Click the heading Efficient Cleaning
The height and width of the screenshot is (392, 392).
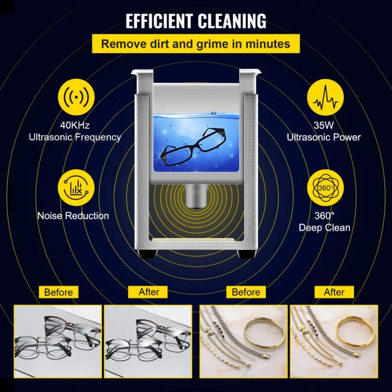(195, 21)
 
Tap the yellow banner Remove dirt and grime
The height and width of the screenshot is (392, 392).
(195, 44)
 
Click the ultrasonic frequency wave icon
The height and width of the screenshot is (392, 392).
(74, 99)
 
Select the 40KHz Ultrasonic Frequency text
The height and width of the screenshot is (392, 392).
(74, 132)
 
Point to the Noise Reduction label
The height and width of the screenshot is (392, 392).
(73, 216)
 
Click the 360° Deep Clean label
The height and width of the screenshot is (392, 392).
(325, 221)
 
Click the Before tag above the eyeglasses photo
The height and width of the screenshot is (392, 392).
(59, 292)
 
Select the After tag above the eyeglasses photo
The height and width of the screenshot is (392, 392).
(149, 292)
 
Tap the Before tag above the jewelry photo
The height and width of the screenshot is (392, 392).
(246, 292)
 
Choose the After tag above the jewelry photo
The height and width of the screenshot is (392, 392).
(334, 292)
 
